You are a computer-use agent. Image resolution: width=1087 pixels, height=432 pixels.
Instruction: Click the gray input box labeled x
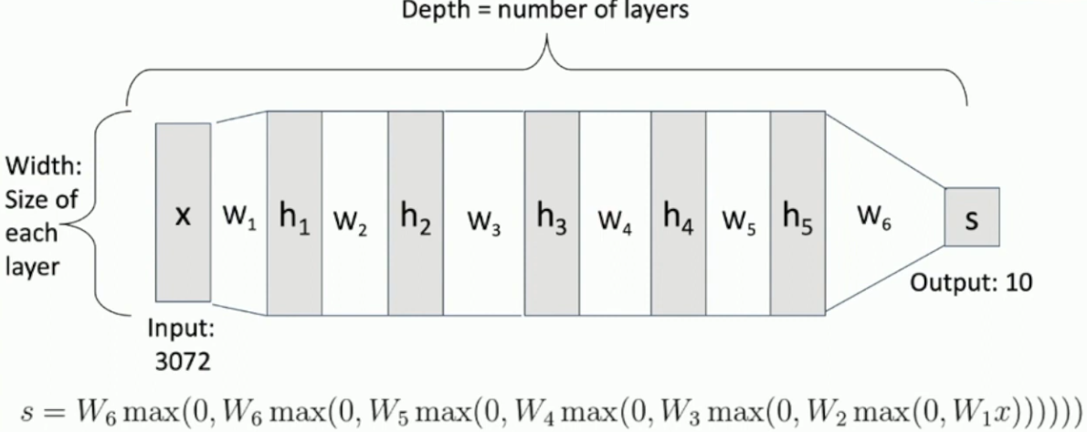183,212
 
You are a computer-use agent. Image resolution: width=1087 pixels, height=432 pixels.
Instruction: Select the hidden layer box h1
294,213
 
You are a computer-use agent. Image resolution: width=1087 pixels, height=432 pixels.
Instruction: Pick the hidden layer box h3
551,213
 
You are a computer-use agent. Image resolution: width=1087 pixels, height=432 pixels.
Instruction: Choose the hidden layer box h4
678,213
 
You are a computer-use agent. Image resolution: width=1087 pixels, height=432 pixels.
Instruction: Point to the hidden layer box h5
797,213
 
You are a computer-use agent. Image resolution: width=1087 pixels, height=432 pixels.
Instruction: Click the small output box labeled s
972,219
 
